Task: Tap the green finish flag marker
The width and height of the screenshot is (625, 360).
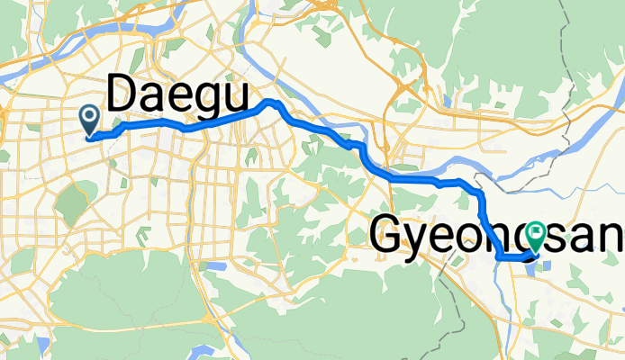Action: point(536,236)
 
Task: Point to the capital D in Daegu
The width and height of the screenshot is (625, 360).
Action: point(123,94)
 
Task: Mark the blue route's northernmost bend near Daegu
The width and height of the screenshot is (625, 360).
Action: point(268,102)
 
